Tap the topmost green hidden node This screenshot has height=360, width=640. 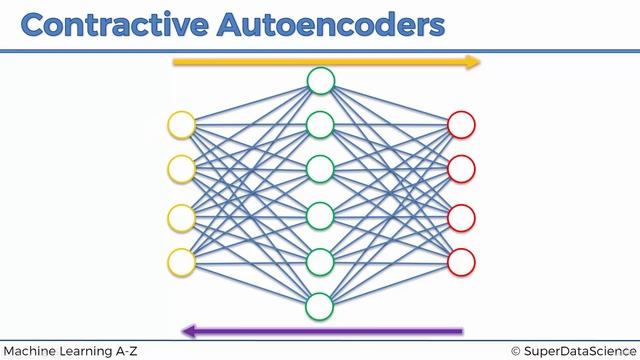click(x=320, y=80)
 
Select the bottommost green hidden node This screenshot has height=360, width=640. click(x=320, y=305)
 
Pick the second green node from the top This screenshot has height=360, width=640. click(x=320, y=125)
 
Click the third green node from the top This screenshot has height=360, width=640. click(x=320, y=169)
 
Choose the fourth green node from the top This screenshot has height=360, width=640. click(x=320, y=215)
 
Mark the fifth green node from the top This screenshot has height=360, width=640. click(x=320, y=261)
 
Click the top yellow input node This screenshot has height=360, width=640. click(x=181, y=125)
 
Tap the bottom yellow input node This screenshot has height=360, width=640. click(x=181, y=261)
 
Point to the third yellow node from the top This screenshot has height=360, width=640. click(x=181, y=216)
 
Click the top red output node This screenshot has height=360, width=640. click(x=461, y=125)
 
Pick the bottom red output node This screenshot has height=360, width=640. click(x=461, y=261)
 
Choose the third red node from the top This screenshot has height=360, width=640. click(x=461, y=216)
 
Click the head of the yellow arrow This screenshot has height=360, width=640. click(x=473, y=62)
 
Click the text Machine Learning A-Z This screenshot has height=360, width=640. click(x=69, y=351)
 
